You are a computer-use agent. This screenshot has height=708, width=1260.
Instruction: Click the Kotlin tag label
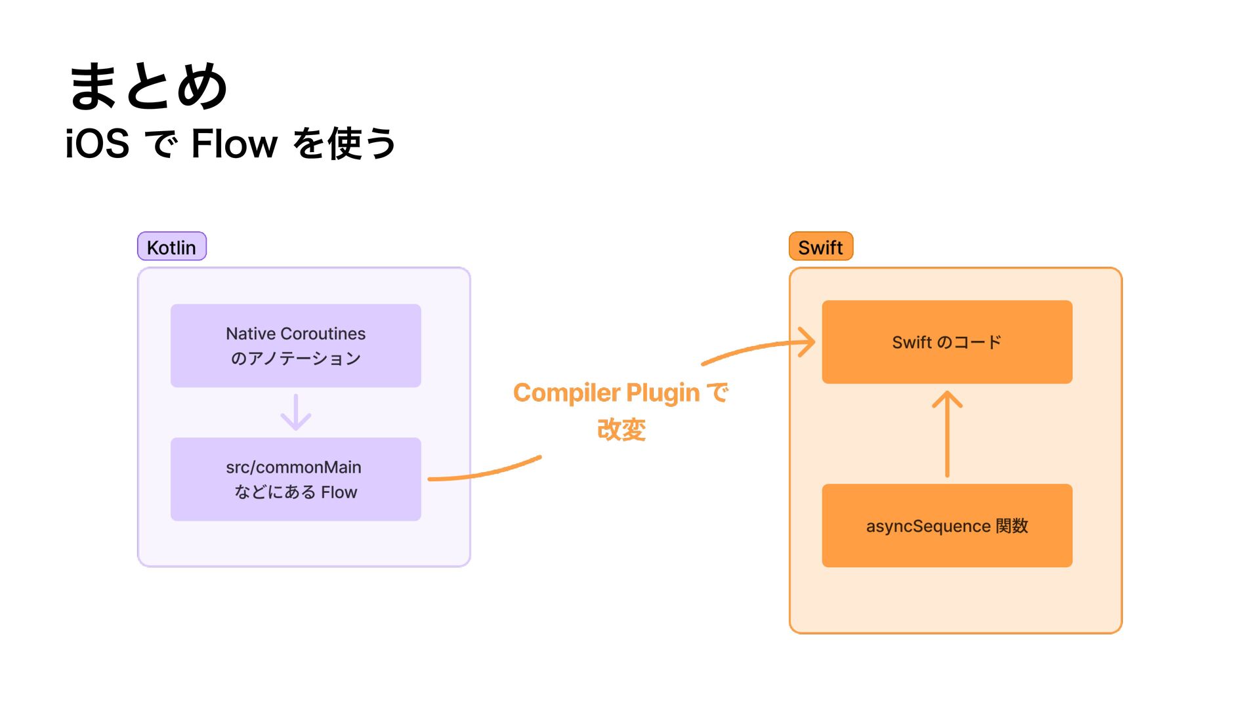(x=172, y=246)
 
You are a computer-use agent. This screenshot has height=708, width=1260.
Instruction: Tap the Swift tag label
(x=821, y=246)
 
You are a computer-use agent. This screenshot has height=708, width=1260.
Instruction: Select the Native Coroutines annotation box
(x=296, y=345)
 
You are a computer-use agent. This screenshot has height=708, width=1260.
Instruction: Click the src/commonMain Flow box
(x=296, y=479)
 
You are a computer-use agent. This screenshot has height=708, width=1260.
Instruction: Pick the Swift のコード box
(x=947, y=342)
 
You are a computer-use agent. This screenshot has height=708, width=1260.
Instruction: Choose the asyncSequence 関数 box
(x=947, y=526)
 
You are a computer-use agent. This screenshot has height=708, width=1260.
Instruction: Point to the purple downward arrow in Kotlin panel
(x=296, y=412)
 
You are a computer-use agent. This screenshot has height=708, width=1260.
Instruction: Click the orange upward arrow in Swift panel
(x=947, y=434)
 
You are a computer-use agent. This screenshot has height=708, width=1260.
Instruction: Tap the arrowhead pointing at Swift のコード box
(x=807, y=342)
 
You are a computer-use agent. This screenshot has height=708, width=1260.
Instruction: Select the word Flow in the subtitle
(x=234, y=144)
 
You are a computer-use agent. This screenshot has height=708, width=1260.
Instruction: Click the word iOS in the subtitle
(x=97, y=144)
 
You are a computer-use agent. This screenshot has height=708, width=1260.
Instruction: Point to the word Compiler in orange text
(x=567, y=393)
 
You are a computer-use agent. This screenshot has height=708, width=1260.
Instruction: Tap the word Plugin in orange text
(x=663, y=393)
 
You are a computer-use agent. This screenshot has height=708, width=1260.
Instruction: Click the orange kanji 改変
(x=621, y=430)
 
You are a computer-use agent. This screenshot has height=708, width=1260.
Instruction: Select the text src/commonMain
(x=293, y=467)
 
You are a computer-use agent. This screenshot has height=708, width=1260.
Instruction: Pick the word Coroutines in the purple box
(x=323, y=334)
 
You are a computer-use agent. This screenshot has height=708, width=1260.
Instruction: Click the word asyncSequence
(x=928, y=526)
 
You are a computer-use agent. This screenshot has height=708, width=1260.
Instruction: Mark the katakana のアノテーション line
(x=296, y=359)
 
